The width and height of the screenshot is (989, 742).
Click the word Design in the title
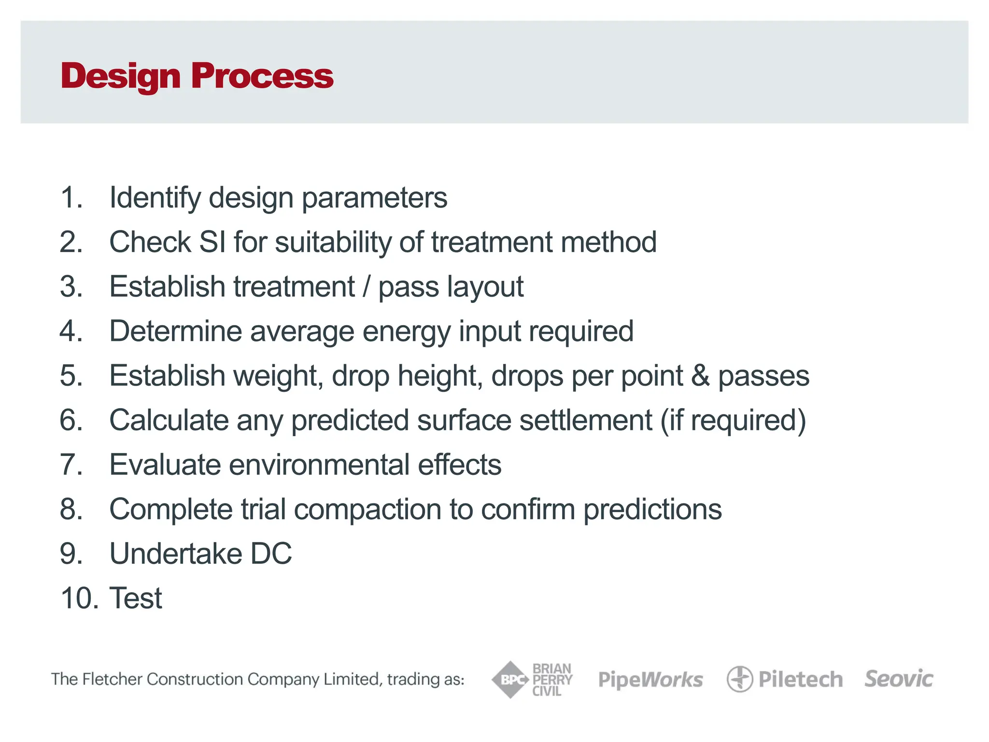tap(121, 76)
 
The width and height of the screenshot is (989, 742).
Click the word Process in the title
tap(262, 76)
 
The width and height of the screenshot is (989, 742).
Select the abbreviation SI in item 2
tap(212, 242)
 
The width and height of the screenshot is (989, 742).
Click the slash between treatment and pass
tap(367, 286)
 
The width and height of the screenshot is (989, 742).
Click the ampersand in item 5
tap(700, 376)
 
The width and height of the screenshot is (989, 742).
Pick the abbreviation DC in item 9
tap(271, 554)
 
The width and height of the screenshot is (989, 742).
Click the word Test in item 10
tap(136, 598)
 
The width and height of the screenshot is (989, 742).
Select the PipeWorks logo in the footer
tap(650, 680)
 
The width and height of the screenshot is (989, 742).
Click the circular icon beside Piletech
tap(739, 679)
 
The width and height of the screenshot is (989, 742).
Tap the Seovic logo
tap(899, 679)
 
